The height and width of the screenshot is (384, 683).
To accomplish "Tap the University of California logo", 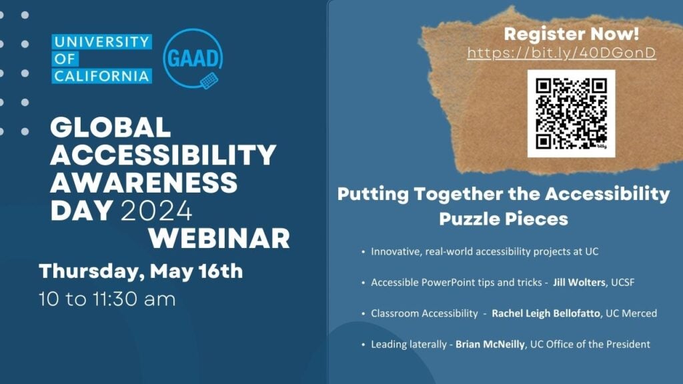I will point(101,59).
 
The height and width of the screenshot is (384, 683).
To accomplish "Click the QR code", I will point(571,113).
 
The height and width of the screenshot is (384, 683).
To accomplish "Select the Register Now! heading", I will point(571,33).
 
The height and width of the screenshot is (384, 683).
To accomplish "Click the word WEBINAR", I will point(219,238).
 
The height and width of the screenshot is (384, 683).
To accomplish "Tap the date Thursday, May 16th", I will point(141,271).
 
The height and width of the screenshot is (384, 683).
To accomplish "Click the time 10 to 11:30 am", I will point(107,299).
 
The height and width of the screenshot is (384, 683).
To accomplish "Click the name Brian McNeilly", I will point(491,345).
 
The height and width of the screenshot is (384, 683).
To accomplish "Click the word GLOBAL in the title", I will point(111,127).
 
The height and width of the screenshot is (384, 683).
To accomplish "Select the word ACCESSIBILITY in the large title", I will point(163,155).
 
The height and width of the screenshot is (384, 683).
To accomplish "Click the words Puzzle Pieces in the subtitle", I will point(503,219).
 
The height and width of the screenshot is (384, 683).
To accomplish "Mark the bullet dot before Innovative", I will point(363,252).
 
